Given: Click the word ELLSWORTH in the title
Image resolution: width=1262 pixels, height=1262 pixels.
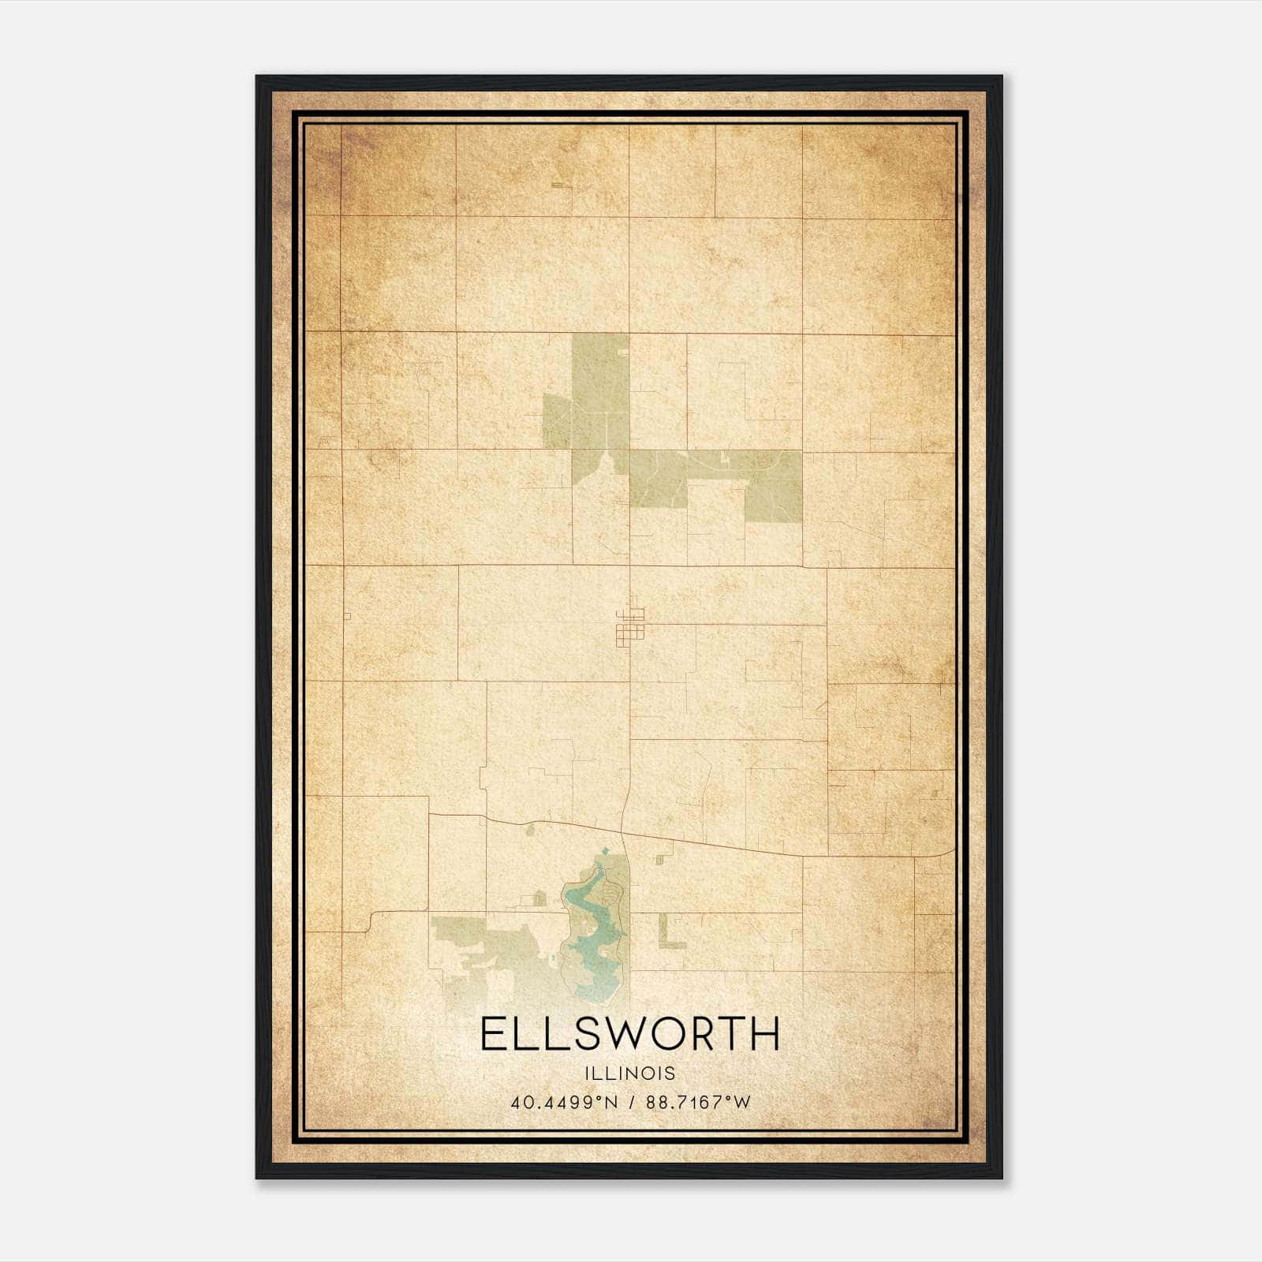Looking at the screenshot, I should (x=629, y=1034).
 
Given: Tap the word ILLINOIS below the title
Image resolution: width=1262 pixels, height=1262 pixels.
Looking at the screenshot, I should (x=630, y=1073).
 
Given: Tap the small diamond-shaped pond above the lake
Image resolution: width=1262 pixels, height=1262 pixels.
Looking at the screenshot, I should (x=605, y=850).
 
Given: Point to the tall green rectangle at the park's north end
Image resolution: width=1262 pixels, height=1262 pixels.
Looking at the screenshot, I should (x=600, y=390).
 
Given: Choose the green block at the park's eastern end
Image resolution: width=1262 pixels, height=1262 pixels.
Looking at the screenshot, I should (x=774, y=485).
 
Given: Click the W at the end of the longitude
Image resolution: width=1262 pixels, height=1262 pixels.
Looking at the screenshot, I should (x=741, y=1103).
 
